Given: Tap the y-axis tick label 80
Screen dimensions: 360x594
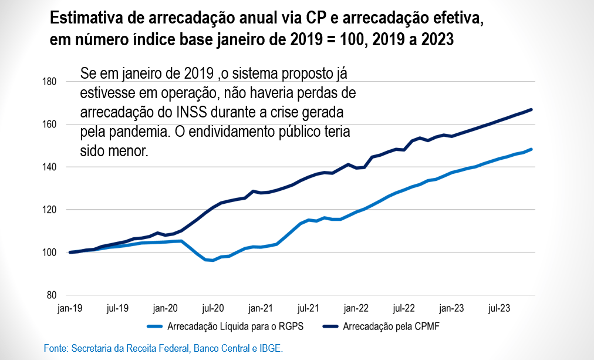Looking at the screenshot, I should (x=51, y=295).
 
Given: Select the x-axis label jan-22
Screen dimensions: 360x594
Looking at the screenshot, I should (x=356, y=307).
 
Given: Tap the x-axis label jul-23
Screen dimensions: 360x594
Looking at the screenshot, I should (x=500, y=307).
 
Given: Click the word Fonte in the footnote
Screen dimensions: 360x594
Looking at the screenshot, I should (x=56, y=349).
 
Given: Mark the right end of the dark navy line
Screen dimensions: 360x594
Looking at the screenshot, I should (x=531, y=109).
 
